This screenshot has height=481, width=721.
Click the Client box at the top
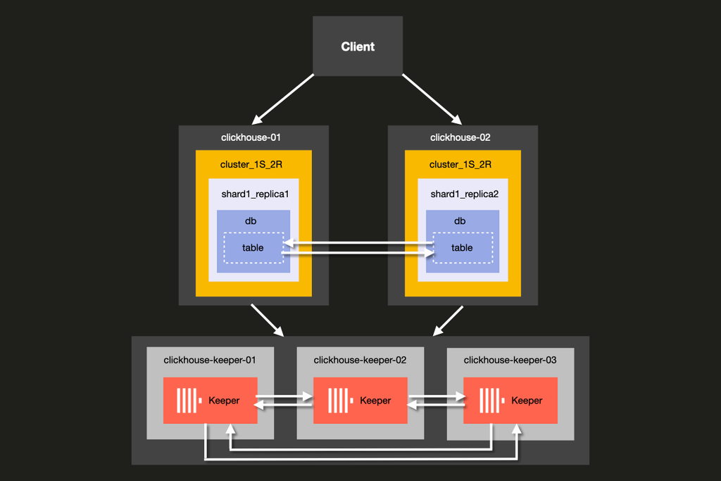click(358, 46)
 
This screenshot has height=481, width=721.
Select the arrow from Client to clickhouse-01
click(283, 98)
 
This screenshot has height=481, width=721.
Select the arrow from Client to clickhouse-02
click(432, 98)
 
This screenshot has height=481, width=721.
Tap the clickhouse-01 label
click(251, 137)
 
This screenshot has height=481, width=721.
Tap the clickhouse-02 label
click(460, 137)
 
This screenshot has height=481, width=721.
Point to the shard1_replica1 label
click(255, 194)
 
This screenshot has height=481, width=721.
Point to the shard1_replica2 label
click(464, 194)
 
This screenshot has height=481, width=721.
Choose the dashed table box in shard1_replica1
click(253, 248)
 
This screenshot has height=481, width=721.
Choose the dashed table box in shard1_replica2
click(462, 248)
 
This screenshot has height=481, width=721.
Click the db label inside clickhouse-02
click(460, 221)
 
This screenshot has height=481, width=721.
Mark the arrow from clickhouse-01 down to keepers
click(267, 320)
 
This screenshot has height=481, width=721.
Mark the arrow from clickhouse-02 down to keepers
click(449, 320)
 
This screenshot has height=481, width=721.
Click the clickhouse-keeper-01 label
click(209, 360)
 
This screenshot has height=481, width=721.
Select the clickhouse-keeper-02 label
click(360, 360)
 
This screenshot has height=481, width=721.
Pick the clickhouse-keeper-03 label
click(510, 360)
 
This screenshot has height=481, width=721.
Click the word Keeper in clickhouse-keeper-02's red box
click(375, 400)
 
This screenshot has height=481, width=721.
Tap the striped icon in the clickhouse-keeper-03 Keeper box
click(489, 400)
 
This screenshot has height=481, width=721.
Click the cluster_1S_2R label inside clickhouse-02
click(460, 164)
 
